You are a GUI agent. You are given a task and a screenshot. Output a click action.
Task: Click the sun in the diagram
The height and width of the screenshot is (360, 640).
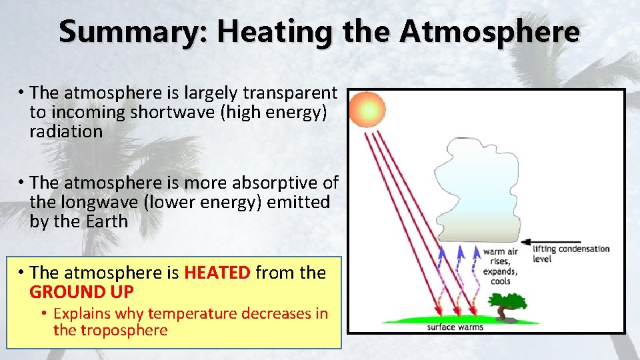(367, 110)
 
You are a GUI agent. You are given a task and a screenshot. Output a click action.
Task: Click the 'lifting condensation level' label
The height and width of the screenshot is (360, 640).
(571, 253)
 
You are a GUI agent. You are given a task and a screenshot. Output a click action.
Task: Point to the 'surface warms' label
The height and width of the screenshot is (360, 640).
(455, 327)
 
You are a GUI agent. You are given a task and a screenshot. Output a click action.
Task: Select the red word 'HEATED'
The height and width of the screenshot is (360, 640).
(217, 273)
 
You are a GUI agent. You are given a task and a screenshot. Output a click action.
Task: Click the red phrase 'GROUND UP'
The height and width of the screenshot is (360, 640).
(81, 292)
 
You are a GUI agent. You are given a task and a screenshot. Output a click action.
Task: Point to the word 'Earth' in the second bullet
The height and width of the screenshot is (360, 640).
(106, 221)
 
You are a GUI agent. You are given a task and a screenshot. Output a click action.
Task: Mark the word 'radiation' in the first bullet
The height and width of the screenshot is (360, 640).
(66, 131)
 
